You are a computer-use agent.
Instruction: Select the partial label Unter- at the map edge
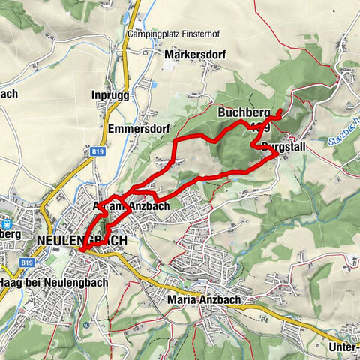343,347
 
